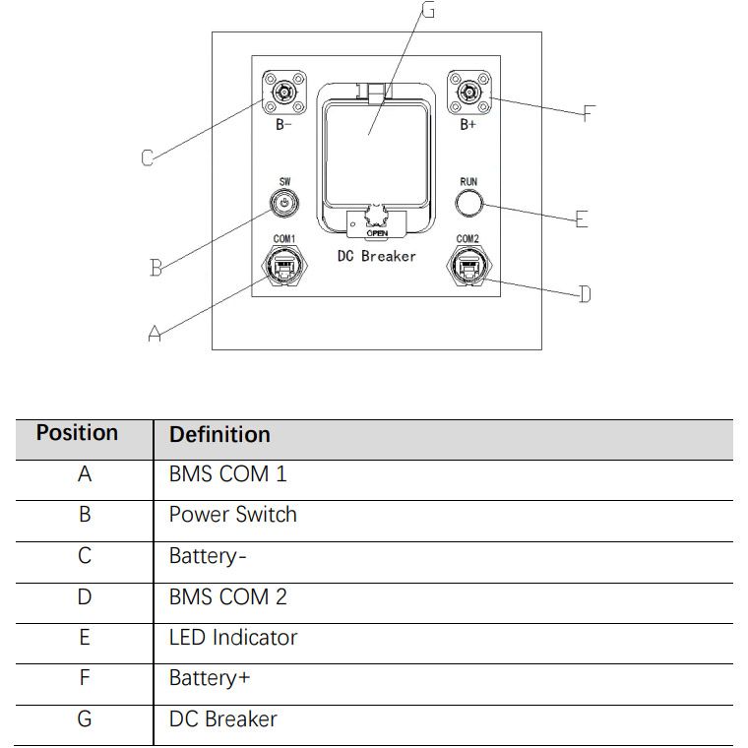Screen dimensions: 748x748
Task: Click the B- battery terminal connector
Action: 283,95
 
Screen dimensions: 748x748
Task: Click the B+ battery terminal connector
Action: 468,94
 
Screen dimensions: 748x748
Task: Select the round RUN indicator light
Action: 468,203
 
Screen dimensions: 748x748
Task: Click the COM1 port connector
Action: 283,266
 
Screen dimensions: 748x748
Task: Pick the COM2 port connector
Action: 467,266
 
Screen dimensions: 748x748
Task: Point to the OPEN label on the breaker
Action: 376,234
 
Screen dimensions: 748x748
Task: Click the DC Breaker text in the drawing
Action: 376,256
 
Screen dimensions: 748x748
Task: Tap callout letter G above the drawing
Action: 427,11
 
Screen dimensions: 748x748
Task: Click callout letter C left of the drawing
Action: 148,157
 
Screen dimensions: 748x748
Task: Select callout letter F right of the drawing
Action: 589,112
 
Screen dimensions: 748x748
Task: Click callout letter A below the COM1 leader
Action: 155,335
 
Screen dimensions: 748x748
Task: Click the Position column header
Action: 77,433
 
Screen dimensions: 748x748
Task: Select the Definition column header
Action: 219,434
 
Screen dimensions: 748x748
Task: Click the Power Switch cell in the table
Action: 232,515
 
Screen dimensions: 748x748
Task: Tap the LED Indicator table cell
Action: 232,638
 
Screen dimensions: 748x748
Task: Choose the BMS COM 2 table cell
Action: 227,596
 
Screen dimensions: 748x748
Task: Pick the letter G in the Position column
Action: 85,719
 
